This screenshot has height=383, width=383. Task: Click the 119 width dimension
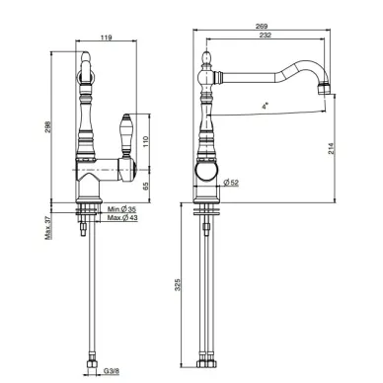click(x=106, y=38)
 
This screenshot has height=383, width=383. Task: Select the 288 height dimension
click(x=47, y=126)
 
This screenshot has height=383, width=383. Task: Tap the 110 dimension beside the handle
click(x=146, y=141)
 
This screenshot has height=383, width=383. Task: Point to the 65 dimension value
click(x=146, y=186)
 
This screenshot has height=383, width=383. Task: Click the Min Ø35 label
click(x=121, y=209)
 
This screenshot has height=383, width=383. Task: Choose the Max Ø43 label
click(x=122, y=217)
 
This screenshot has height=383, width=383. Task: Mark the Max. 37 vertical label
click(x=48, y=228)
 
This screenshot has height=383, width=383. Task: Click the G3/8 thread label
click(x=112, y=371)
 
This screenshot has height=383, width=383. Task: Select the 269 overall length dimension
click(x=262, y=26)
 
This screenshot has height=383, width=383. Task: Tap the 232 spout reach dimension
click(x=266, y=35)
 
